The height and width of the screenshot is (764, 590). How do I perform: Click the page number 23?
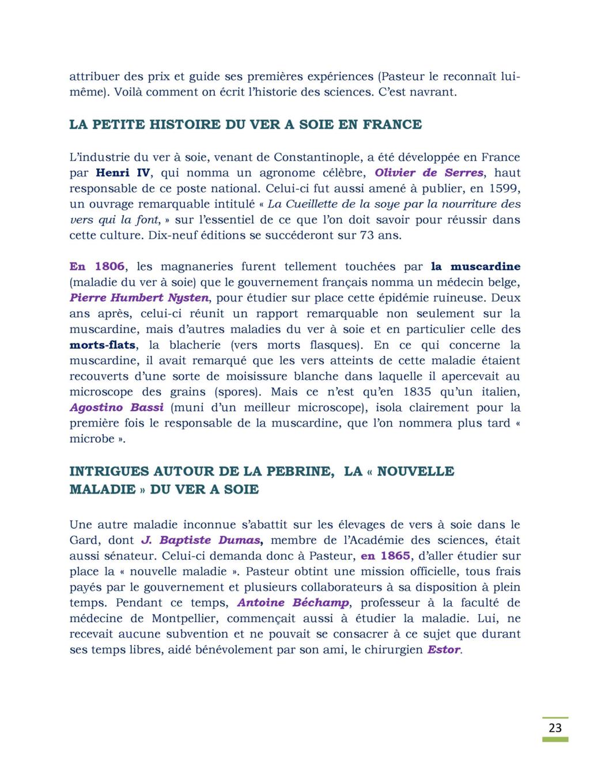click(555, 728)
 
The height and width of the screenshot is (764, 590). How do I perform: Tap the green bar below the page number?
click(555, 739)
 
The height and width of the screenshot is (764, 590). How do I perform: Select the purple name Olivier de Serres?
click(429, 172)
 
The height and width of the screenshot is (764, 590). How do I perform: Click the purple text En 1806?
click(97, 266)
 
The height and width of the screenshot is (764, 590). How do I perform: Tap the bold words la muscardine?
click(475, 266)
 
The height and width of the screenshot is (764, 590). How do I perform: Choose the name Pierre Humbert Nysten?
click(139, 298)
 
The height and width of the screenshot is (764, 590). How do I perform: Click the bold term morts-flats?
click(103, 345)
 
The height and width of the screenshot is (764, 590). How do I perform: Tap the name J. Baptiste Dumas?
click(201, 540)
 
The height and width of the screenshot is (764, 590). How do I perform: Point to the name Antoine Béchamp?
click(293, 603)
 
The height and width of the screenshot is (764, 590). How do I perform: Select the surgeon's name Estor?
click(444, 650)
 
